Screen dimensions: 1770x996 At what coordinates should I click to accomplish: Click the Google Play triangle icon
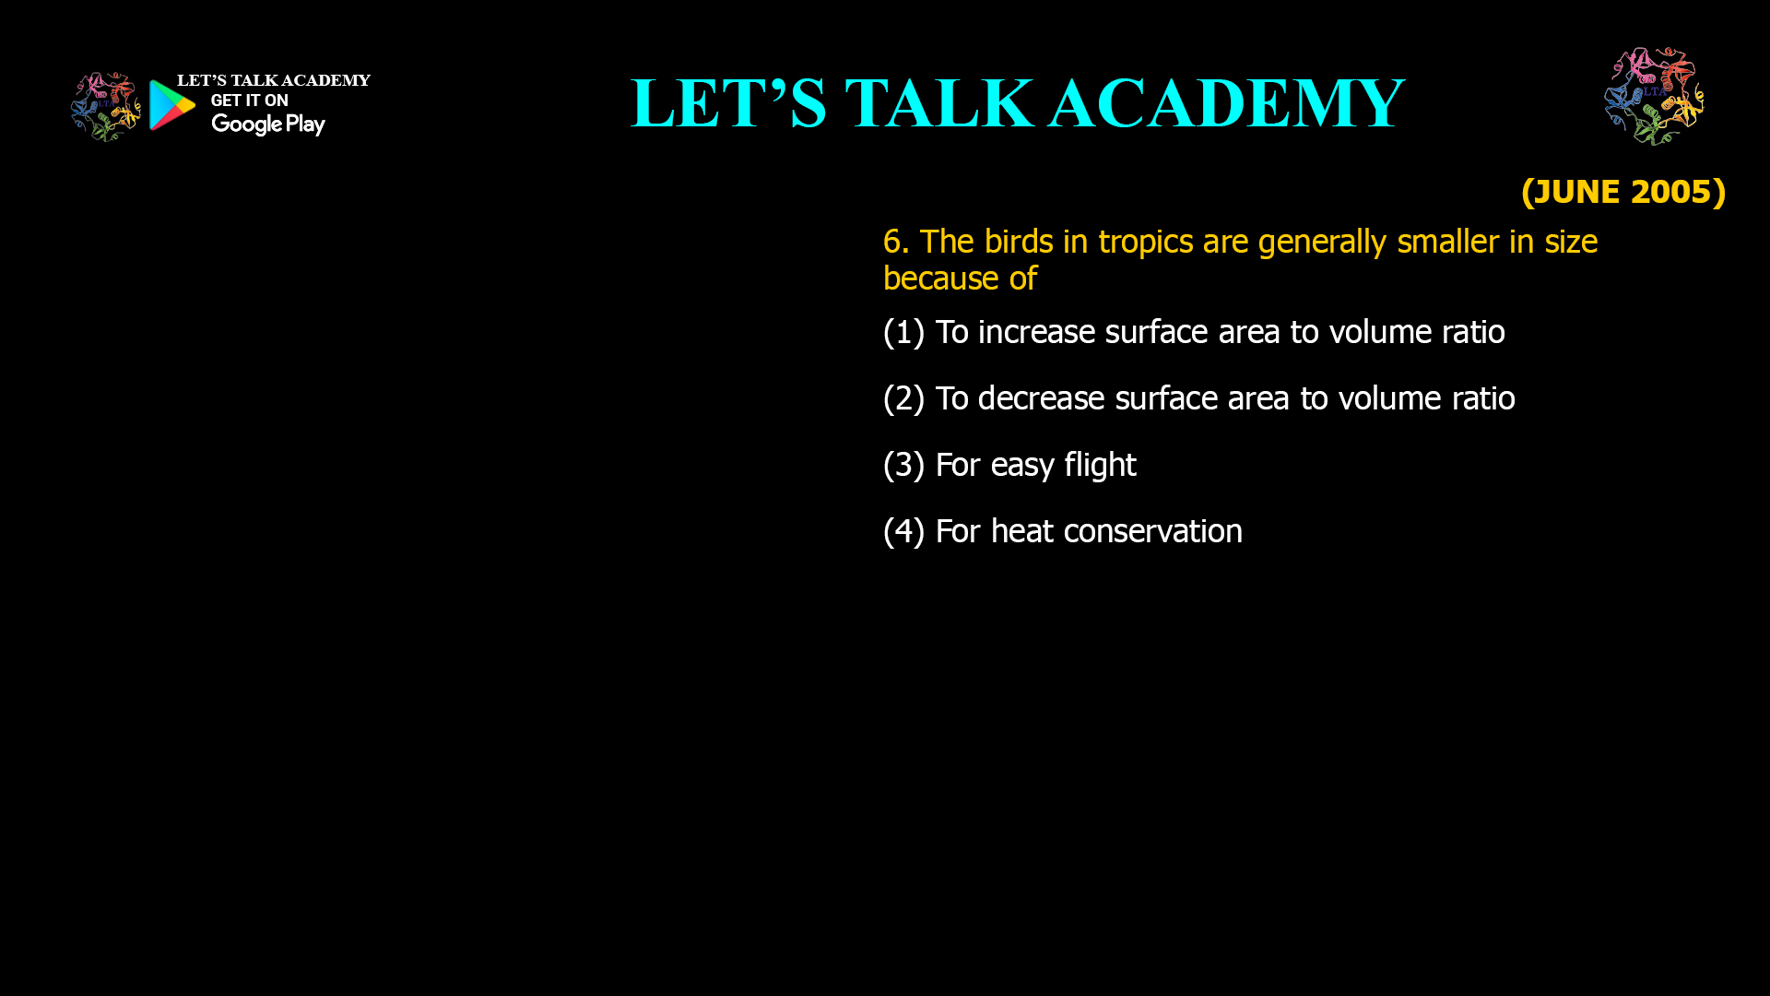point(171,105)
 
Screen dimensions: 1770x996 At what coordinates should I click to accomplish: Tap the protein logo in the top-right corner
point(1654,96)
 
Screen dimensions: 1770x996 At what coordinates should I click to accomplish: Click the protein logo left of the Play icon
point(105,107)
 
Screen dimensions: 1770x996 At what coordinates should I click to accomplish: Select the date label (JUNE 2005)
point(1623,192)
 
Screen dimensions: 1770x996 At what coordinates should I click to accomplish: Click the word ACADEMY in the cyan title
point(1226,103)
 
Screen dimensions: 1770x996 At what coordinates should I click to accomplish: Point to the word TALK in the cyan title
point(938,103)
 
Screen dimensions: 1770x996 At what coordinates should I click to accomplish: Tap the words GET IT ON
point(249,101)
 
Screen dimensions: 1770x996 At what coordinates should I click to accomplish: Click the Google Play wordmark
point(268,125)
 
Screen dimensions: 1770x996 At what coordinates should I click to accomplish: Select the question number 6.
point(896,242)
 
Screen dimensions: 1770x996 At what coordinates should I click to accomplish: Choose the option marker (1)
point(903,333)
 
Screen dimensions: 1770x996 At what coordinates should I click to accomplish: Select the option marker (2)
point(903,399)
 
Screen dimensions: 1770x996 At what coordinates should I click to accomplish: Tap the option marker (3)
point(903,466)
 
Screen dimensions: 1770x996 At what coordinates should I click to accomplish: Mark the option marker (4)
point(903,532)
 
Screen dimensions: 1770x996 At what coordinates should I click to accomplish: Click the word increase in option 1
point(1036,332)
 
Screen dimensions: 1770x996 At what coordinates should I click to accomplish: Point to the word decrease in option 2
point(1041,398)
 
